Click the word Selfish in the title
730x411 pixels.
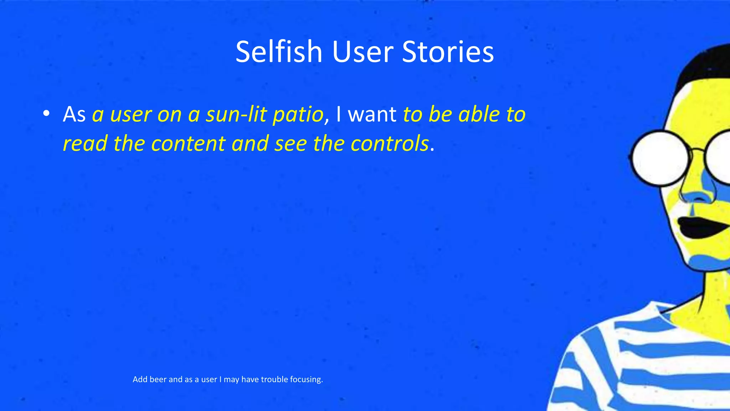click(x=279, y=52)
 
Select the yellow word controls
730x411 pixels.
click(x=390, y=143)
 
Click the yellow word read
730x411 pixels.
click(x=85, y=143)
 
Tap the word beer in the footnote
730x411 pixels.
click(x=158, y=379)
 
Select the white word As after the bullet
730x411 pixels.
click(x=74, y=115)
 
